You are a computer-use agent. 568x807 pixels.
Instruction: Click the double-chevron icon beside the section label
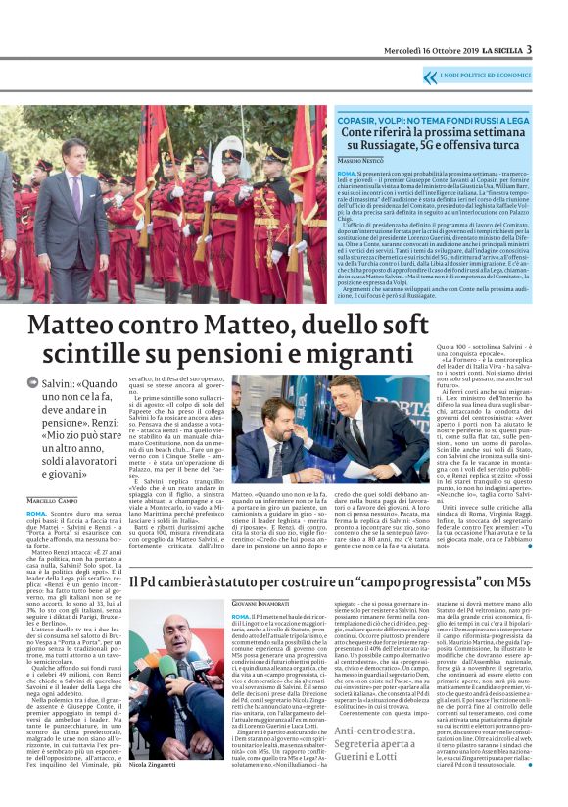pos(430,76)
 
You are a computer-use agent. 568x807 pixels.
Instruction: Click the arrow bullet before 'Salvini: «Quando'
pos(33,381)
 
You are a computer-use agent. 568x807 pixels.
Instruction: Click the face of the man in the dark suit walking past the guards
pos(74,158)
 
